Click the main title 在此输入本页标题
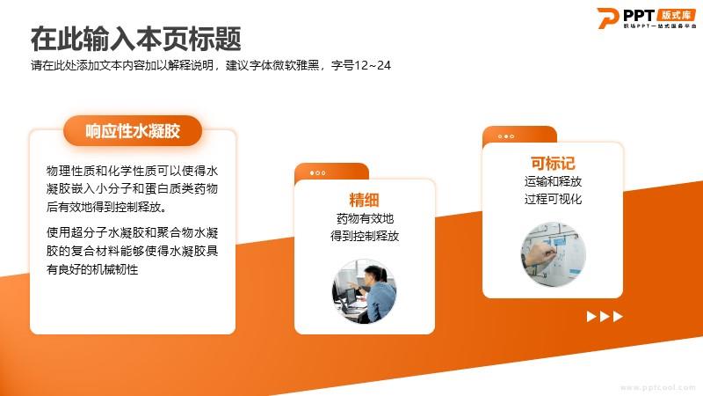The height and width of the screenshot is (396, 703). (136, 39)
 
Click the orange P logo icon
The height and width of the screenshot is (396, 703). (607, 18)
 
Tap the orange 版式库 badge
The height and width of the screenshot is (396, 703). (676, 15)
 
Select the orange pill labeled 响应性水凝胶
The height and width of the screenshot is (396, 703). (133, 130)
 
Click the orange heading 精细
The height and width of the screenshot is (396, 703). (364, 200)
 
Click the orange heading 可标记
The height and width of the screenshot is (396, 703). (553, 163)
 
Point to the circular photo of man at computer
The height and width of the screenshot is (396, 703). (364, 291)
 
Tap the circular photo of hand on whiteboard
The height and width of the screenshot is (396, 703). (554, 253)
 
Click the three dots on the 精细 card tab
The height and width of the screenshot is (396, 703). (317, 172)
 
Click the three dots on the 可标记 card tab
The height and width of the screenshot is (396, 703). (506, 136)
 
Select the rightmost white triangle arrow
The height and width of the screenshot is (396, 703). (618, 317)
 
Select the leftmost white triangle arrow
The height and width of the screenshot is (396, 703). (591, 317)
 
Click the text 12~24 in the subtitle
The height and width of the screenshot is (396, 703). (372, 65)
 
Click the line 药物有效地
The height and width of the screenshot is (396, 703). (365, 218)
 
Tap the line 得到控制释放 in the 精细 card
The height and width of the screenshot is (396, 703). (365, 236)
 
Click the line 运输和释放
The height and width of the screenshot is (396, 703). (553, 181)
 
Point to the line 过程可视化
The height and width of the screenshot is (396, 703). (553, 199)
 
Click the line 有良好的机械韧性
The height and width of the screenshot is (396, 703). (92, 269)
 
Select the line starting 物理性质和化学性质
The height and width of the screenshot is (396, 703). (133, 171)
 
